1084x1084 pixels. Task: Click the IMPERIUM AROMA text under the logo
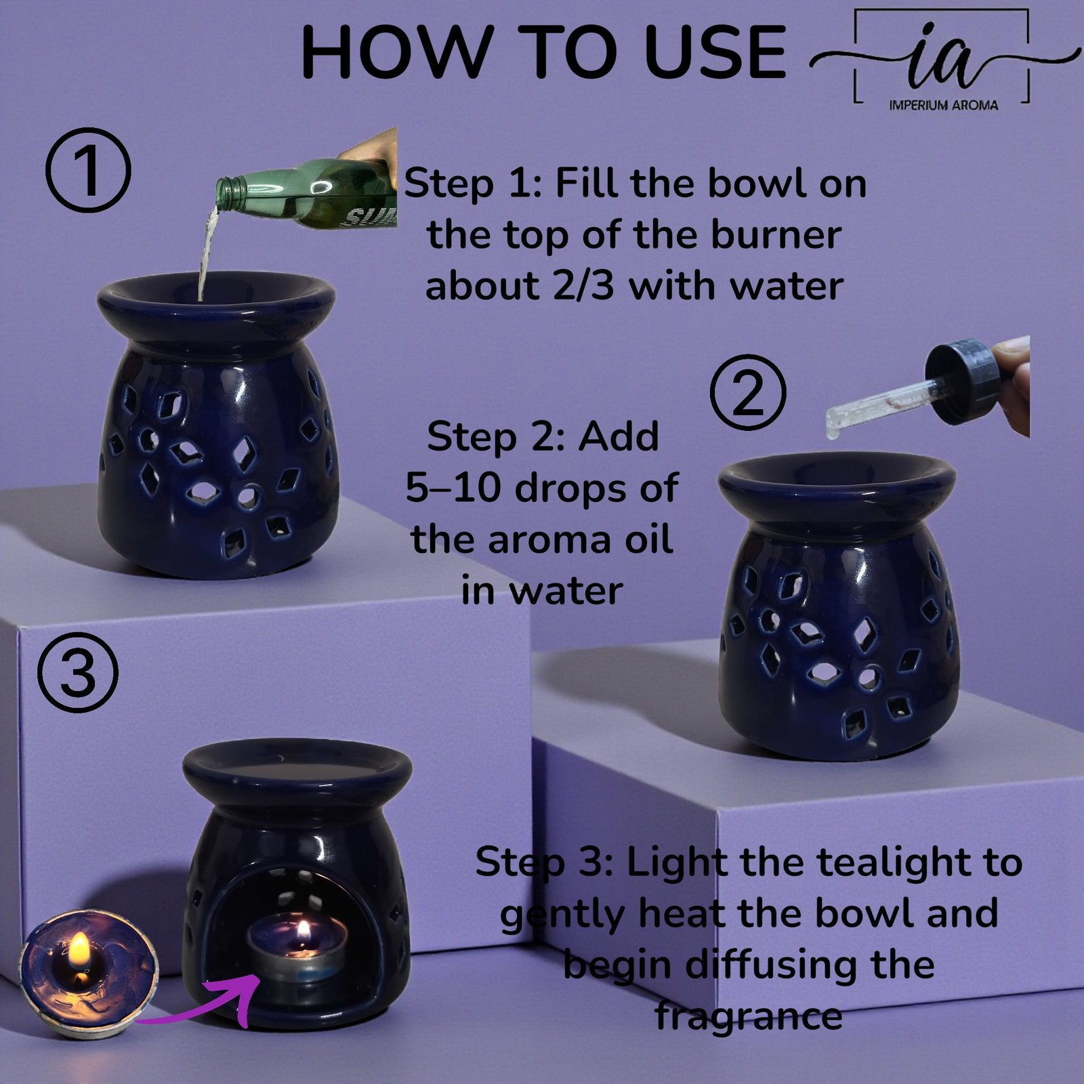[x=943, y=105]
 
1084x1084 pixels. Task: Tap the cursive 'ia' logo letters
[x=944, y=64]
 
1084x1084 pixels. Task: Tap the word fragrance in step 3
[x=749, y=1017]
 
